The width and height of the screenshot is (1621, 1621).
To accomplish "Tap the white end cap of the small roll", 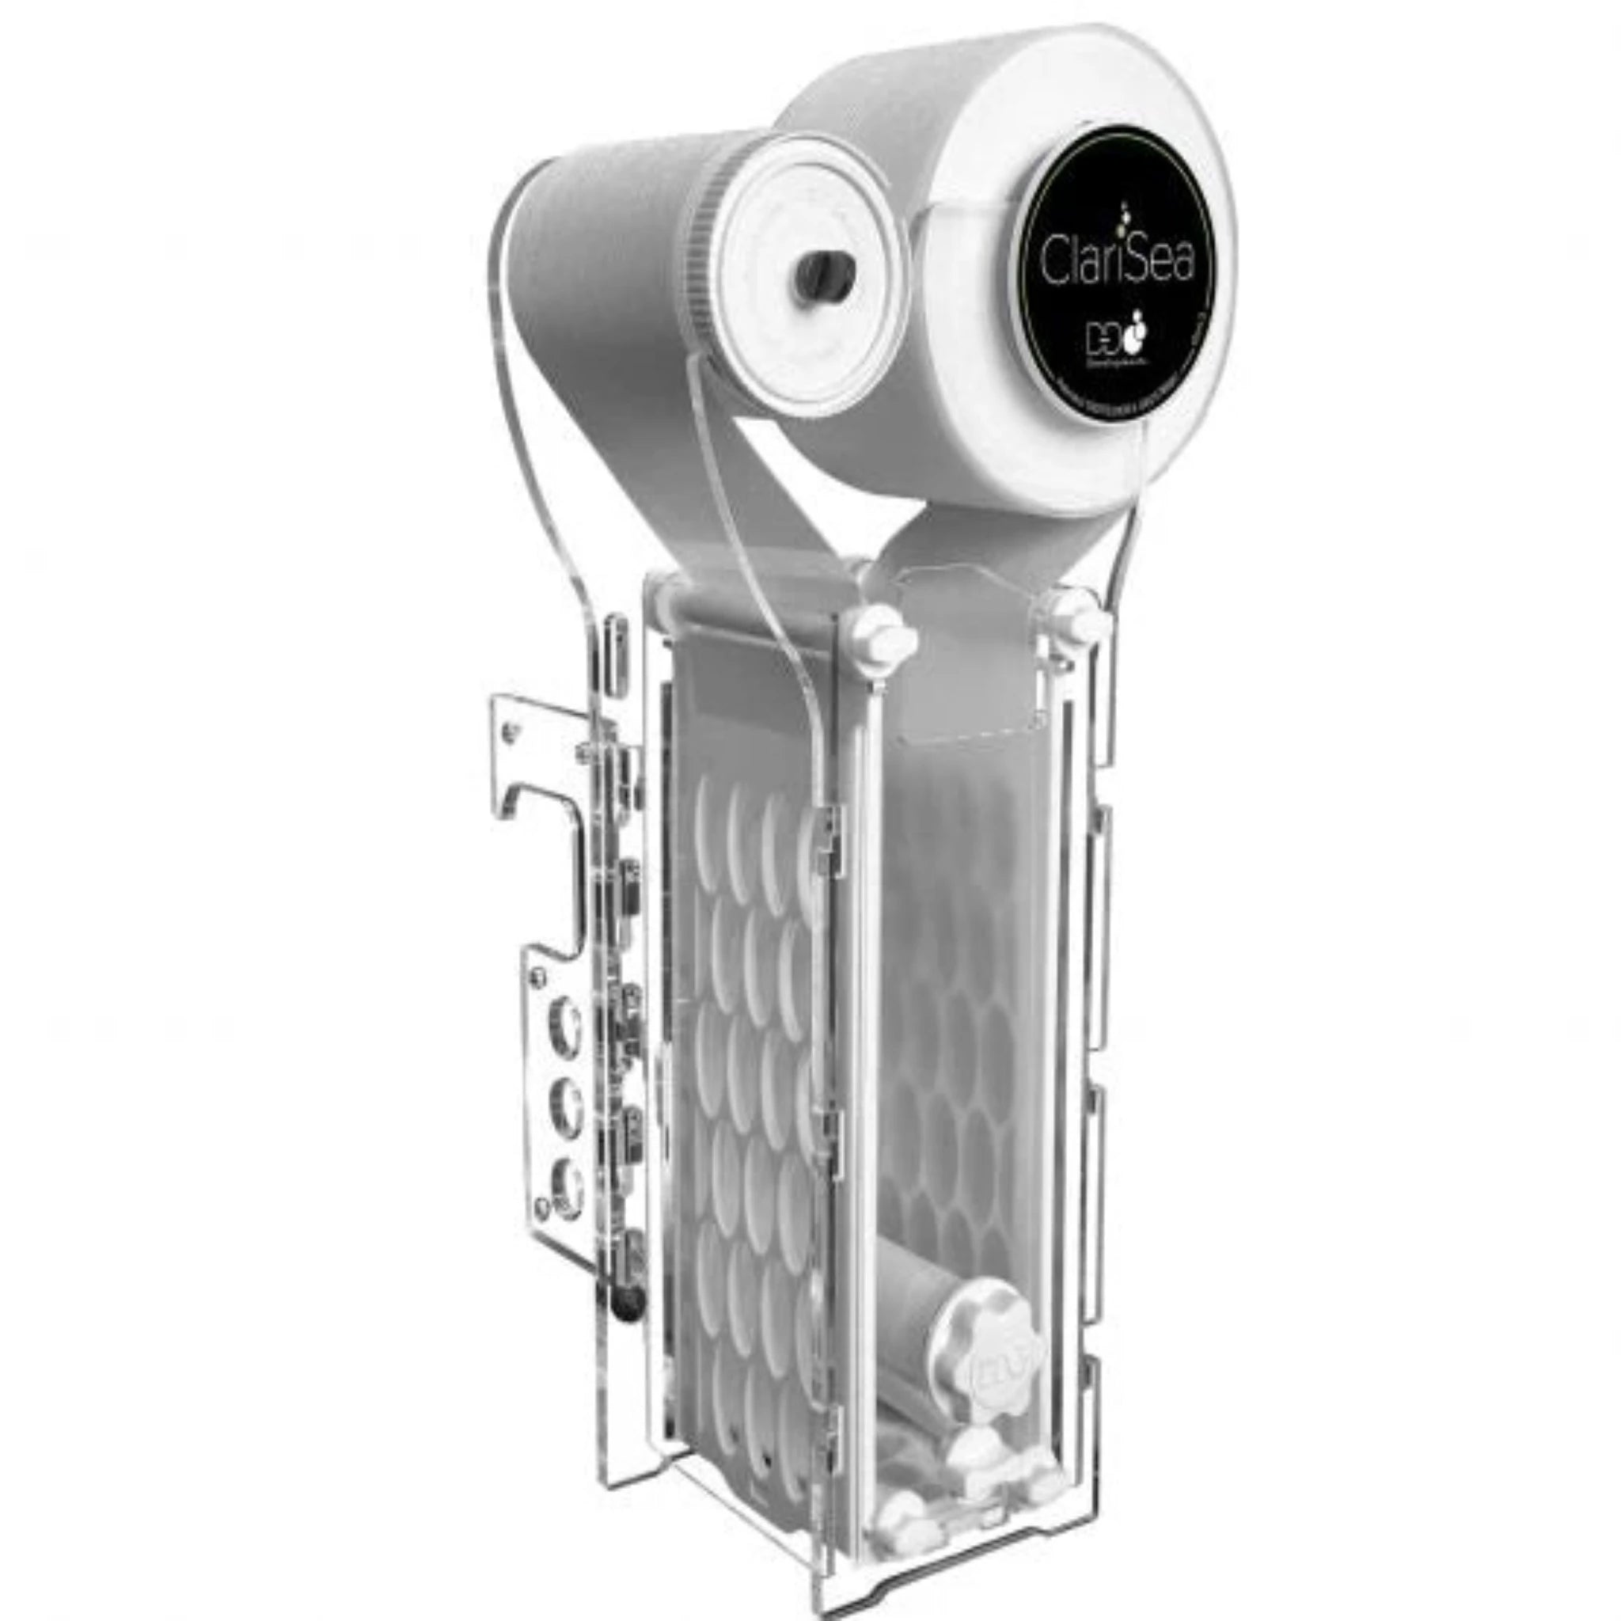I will (x=797, y=277).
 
